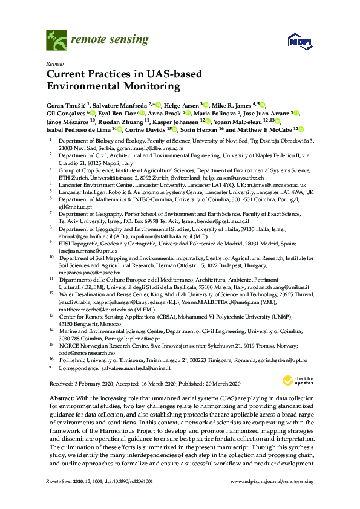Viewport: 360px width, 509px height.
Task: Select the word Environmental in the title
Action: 84,86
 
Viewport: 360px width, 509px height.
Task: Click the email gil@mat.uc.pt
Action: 75,206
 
